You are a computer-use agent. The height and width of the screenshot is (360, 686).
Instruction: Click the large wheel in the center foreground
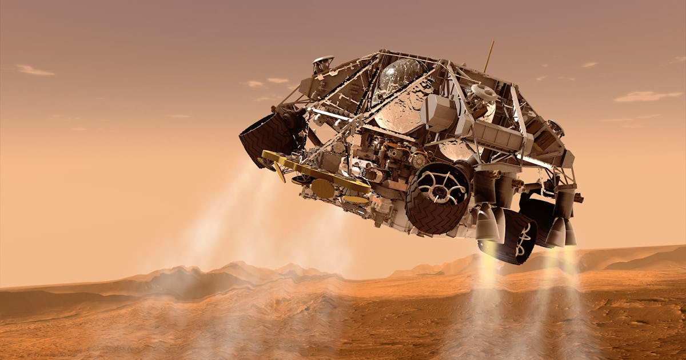437,198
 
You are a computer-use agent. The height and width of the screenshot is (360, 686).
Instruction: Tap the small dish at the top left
324,62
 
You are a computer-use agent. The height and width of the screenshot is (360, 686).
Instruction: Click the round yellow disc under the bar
323,189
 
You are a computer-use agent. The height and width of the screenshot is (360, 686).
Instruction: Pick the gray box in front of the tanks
439,113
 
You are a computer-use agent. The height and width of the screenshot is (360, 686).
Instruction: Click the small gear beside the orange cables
418,160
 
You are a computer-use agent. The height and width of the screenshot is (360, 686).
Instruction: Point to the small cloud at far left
34,70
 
